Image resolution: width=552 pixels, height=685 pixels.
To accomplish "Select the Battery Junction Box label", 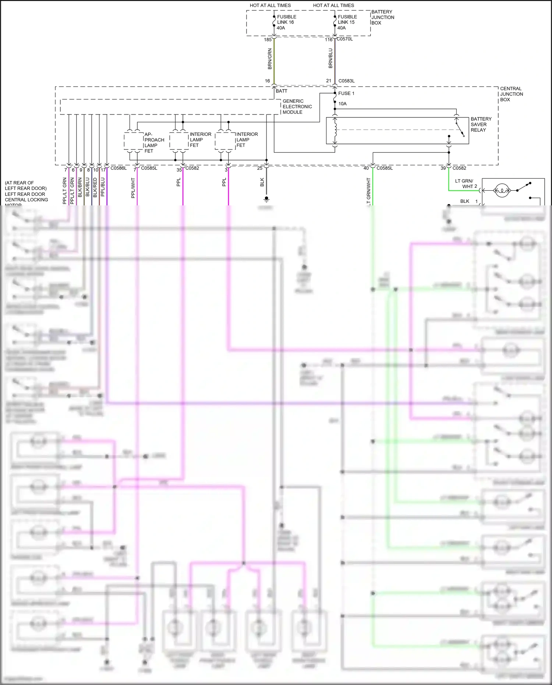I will click(382, 17).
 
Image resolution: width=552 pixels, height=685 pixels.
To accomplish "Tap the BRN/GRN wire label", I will click(270, 59).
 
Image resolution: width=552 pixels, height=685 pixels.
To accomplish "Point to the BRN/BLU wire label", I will click(330, 58).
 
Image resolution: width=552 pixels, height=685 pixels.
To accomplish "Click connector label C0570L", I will click(344, 39).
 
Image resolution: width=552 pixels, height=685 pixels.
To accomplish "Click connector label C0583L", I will click(346, 81).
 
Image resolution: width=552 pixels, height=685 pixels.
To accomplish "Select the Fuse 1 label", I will click(346, 93).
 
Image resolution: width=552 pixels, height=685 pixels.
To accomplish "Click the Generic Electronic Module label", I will click(297, 106).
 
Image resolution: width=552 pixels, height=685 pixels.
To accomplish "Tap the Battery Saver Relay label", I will click(481, 124).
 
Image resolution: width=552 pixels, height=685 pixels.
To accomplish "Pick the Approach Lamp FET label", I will click(153, 142).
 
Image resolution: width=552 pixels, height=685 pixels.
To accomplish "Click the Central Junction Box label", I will click(511, 94).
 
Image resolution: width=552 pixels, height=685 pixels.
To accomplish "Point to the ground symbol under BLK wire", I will click(266, 199).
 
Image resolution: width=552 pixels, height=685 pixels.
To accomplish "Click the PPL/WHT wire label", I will click(133, 188).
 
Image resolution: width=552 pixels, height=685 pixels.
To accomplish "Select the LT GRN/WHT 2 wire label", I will click(466, 184).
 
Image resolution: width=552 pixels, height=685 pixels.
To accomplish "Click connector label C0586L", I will click(118, 168).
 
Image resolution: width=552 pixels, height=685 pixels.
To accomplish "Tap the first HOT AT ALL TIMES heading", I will click(270, 6).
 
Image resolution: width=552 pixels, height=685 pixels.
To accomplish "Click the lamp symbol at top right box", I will click(501, 190).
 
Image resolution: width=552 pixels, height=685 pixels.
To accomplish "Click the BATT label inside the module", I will click(282, 91).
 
